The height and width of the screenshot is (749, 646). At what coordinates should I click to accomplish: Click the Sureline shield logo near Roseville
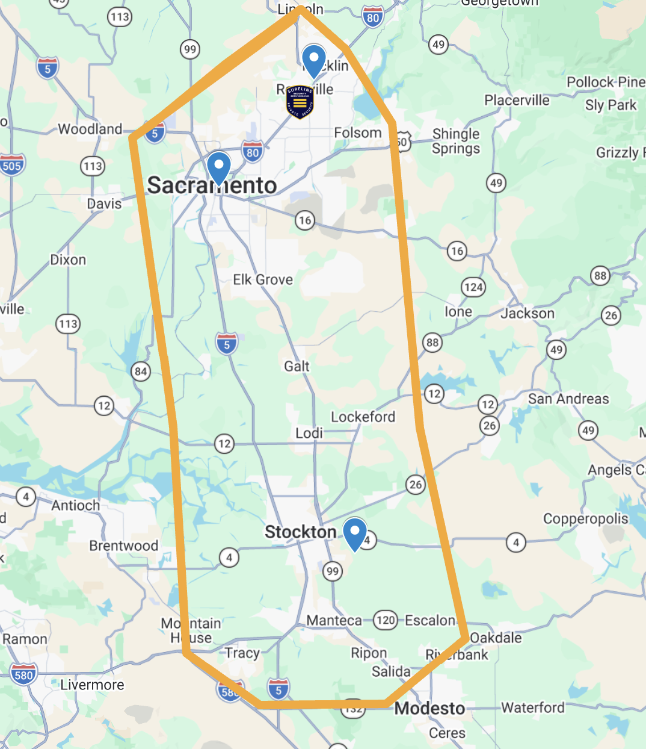point(300,101)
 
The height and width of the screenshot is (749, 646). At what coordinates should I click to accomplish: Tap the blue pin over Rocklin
point(313,60)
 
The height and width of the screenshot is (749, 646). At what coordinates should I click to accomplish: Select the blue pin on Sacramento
point(218,167)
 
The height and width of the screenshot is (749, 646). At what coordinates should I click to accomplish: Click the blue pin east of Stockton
point(355,533)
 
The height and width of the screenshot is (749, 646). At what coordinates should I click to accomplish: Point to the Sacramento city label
point(212,185)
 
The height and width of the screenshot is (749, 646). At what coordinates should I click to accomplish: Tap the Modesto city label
point(429,708)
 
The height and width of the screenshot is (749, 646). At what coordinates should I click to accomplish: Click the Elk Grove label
point(263,279)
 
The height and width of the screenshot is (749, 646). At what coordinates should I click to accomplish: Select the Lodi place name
point(309,433)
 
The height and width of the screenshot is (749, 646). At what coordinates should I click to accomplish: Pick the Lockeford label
point(363,417)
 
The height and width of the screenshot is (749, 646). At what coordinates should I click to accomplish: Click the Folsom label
point(358,132)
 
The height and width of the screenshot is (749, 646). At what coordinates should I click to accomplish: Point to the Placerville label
point(517,100)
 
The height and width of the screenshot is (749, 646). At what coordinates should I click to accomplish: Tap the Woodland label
point(90,129)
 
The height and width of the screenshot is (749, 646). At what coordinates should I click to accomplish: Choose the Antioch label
point(76,505)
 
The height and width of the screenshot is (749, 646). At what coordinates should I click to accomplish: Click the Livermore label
point(92,685)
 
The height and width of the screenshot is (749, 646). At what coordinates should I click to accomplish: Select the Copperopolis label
point(585,518)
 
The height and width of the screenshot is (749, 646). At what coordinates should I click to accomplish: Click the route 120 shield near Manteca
point(385,620)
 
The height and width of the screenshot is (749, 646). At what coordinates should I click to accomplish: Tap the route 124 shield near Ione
point(473,287)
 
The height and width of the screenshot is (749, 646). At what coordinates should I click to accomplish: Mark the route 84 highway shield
point(141,371)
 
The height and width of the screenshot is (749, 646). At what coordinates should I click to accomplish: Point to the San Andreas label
point(568,399)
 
